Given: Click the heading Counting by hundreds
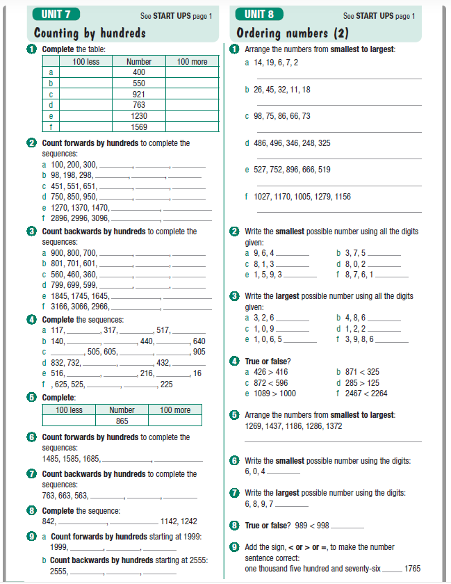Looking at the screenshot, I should point(90,33).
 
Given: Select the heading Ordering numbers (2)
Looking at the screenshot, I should point(292,33).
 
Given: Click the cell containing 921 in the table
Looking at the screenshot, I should point(139,94).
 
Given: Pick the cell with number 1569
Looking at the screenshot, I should point(139,127).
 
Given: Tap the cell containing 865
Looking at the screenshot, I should point(122,421).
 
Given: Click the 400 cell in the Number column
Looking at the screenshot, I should point(139,72).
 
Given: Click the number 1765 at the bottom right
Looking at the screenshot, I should point(413,569).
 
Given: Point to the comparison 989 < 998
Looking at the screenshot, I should point(311,525).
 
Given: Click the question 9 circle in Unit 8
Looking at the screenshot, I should point(234,546).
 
